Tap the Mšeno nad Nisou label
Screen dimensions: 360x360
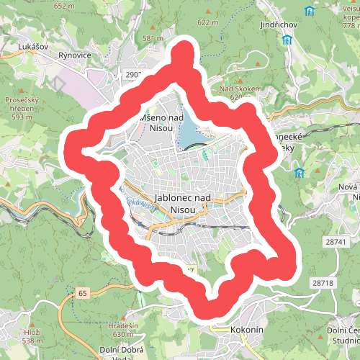(162, 122)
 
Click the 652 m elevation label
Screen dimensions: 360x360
(64, 6)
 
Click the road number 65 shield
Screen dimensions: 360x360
(83, 293)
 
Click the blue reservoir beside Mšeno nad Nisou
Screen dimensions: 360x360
(189, 130)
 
